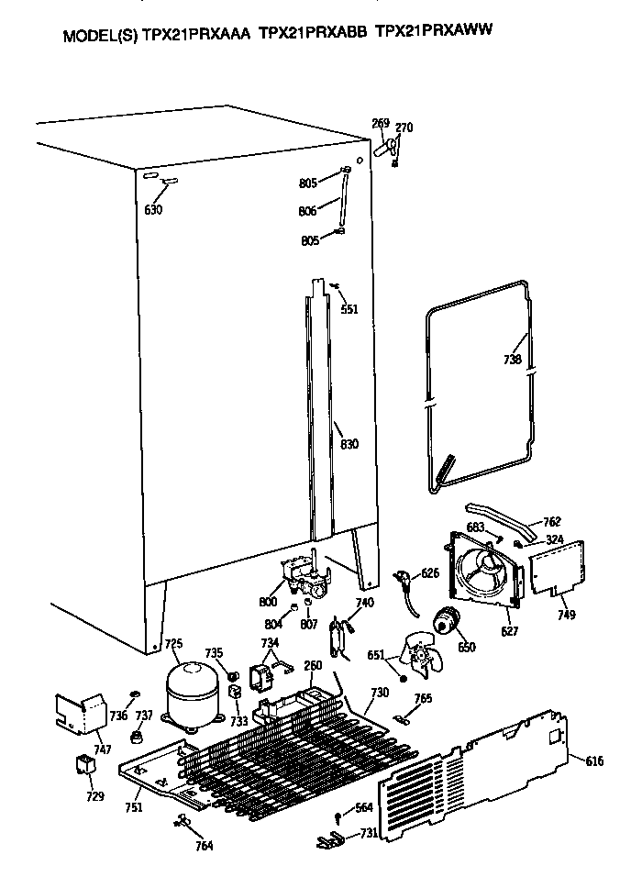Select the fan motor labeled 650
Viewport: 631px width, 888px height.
(447, 624)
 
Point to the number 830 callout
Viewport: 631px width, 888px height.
(349, 444)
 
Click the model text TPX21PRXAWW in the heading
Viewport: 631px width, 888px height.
(435, 30)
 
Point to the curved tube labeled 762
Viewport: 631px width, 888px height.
(501, 520)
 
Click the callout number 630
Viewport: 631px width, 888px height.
(153, 210)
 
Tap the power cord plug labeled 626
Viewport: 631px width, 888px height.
(404, 580)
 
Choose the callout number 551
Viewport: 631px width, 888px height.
(349, 309)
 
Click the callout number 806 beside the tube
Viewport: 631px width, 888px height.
(307, 211)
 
